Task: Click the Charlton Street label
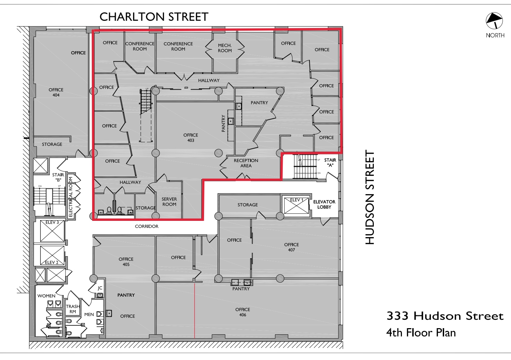(x=154, y=17)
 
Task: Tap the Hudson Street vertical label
(x=370, y=198)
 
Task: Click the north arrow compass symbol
(x=494, y=21)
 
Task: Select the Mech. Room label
(x=225, y=48)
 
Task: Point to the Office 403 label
(x=191, y=137)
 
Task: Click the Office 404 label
(x=56, y=92)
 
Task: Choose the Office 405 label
(x=126, y=262)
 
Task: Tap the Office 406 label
(x=243, y=312)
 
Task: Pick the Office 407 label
(x=291, y=247)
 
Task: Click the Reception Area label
(x=246, y=163)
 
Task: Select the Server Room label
(x=169, y=202)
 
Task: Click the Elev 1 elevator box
(x=296, y=206)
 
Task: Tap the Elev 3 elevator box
(x=52, y=231)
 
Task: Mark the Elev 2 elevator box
(x=52, y=255)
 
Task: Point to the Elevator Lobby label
(x=324, y=204)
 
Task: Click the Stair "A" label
(x=330, y=162)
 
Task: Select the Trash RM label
(x=73, y=309)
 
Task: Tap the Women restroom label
(x=46, y=296)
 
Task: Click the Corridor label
(x=147, y=226)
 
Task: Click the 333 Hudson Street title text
(x=445, y=316)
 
